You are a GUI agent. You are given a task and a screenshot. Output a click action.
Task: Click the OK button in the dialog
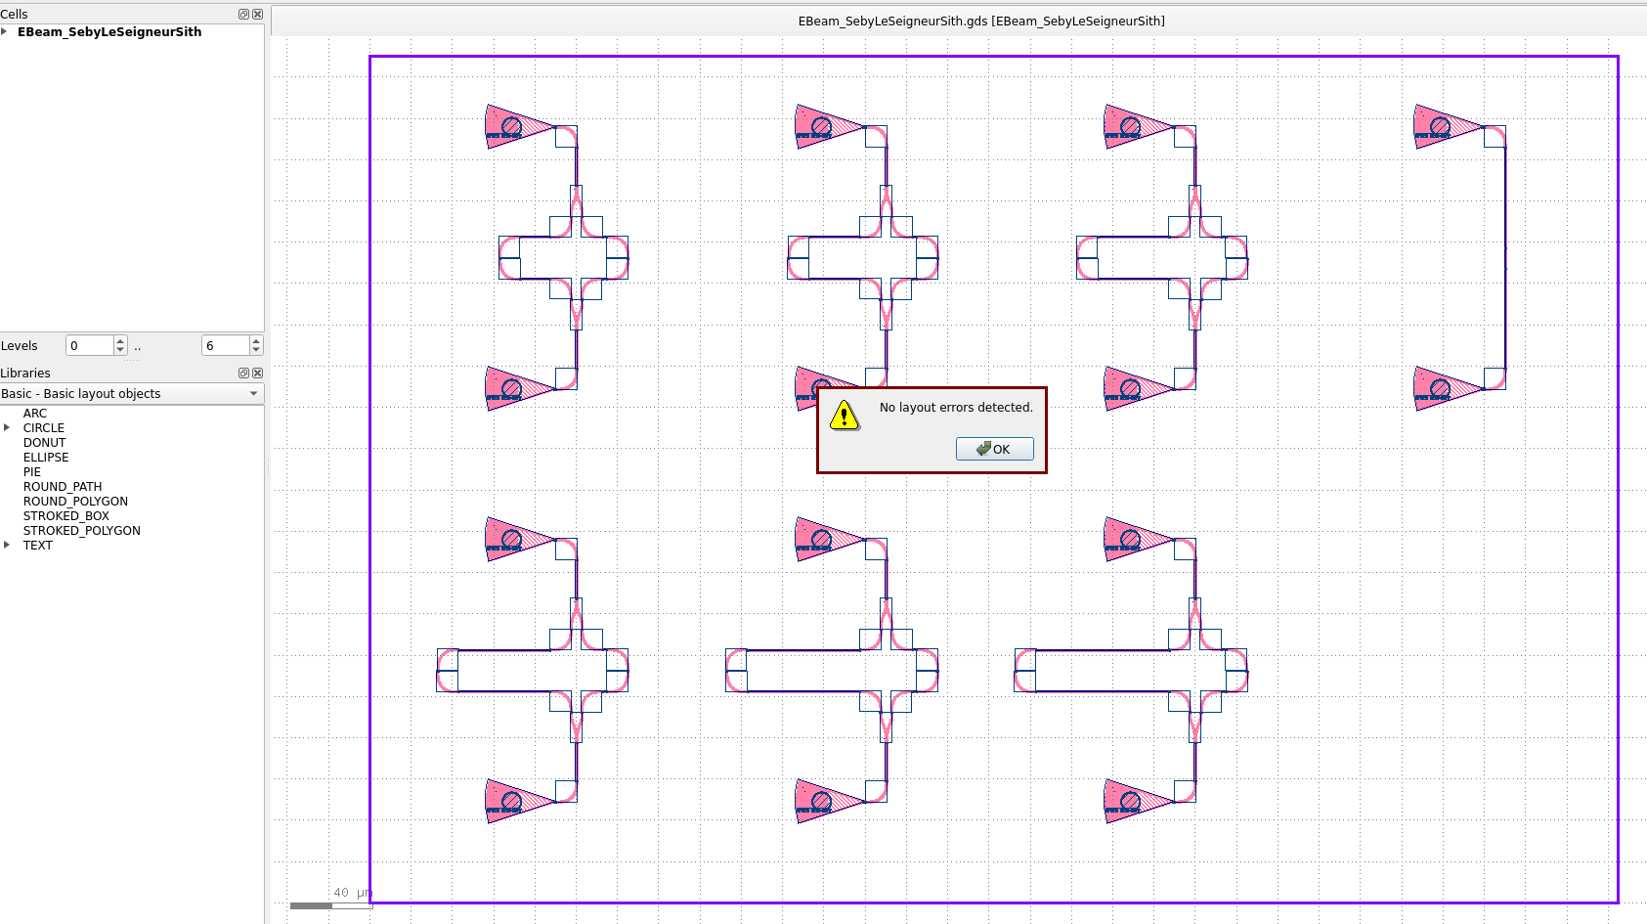pos(994,449)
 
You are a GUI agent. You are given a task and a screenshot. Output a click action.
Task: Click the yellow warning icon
pos(845,416)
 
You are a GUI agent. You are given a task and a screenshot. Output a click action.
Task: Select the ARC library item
pos(35,414)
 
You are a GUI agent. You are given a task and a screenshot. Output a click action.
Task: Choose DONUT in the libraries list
pos(44,443)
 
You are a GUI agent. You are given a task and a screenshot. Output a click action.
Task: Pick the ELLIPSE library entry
pos(46,458)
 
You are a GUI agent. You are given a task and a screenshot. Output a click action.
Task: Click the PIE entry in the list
pos(32,472)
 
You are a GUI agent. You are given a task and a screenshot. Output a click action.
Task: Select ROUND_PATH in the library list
pos(63,487)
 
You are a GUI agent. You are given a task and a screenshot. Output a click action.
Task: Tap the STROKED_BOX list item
pos(66,516)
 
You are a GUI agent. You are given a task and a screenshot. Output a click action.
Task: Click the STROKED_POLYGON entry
pos(82,531)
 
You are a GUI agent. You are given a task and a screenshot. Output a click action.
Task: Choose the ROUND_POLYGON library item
pos(75,502)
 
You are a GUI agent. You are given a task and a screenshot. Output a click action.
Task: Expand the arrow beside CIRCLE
pos(7,427)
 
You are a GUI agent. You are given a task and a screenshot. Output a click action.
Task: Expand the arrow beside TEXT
pos(7,545)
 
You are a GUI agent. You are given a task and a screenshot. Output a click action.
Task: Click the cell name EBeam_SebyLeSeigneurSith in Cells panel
pos(109,32)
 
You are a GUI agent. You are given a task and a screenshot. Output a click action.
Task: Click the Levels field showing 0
pos(89,345)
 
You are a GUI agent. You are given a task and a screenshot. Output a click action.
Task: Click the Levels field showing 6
pos(225,345)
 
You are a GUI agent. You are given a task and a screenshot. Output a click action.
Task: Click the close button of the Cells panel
pos(258,15)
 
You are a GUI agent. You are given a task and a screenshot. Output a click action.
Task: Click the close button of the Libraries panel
pos(258,374)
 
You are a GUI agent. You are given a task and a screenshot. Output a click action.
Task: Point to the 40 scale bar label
pos(341,893)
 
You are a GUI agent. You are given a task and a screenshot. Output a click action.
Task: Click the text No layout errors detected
pos(956,408)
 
